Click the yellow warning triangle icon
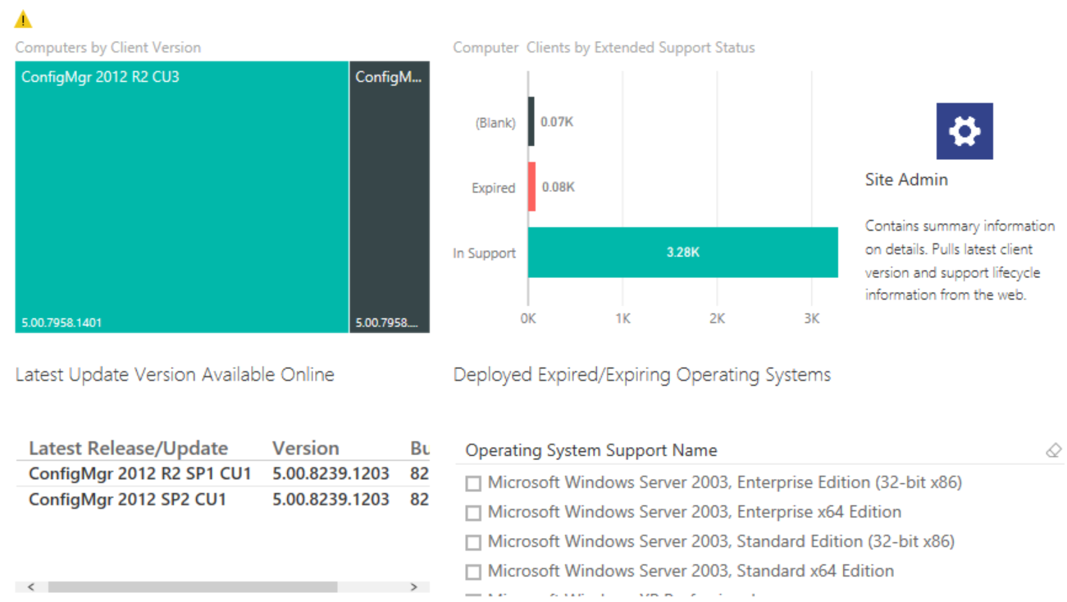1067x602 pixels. (23, 19)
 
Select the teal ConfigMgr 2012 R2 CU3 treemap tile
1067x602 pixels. (181, 197)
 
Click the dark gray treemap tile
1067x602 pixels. (390, 197)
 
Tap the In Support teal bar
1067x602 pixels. (682, 253)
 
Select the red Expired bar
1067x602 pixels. (531, 187)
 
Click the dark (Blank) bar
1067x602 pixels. (531, 122)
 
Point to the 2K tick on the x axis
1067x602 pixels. (717, 318)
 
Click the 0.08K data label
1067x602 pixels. (558, 187)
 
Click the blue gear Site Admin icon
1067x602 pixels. (964, 131)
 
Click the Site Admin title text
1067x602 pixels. (906, 180)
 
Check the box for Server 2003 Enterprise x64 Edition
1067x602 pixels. (473, 513)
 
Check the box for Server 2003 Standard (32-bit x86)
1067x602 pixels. (473, 543)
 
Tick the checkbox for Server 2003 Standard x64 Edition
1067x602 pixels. (473, 572)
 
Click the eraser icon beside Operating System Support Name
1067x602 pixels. (1054, 450)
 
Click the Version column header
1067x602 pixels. (305, 449)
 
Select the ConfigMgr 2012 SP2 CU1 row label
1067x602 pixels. (127, 499)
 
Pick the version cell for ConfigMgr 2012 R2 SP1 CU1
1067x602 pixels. (331, 473)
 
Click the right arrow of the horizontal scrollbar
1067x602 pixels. (414, 587)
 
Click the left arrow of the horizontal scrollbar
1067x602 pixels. (31, 587)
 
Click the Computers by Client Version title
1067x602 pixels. (108, 48)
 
